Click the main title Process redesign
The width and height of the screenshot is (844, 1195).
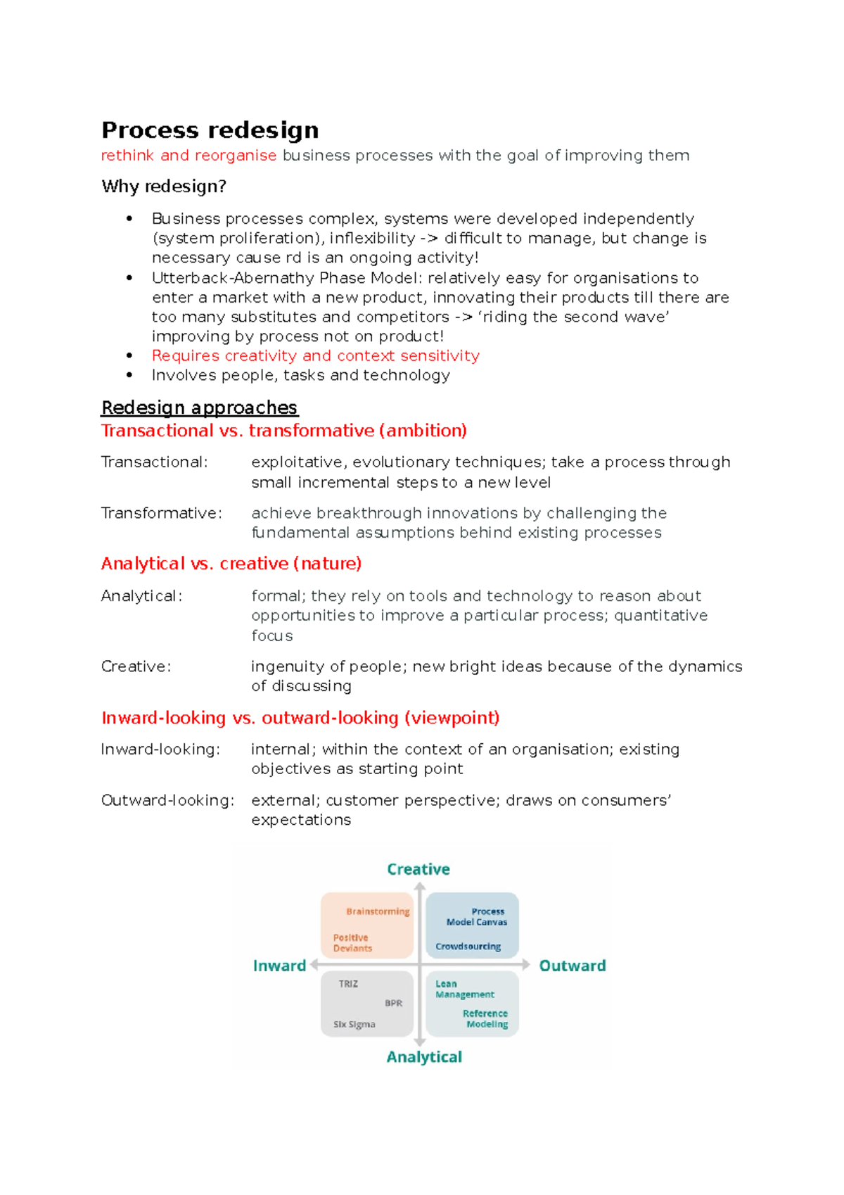[x=210, y=130]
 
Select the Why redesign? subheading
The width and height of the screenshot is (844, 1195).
[x=164, y=186]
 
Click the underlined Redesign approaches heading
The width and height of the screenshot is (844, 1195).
[x=199, y=407]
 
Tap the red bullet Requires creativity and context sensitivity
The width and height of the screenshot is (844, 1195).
[x=315, y=356]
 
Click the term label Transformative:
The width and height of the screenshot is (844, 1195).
[x=161, y=513]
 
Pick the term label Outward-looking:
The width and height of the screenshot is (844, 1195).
[x=167, y=800]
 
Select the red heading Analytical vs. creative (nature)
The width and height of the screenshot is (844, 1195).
[x=231, y=564]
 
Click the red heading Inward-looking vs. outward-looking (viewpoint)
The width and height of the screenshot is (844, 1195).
[x=300, y=718]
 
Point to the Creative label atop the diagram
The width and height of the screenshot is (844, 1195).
[x=418, y=869]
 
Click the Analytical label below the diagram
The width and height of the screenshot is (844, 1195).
[x=424, y=1057]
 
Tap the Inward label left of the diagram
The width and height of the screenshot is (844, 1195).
[x=279, y=966]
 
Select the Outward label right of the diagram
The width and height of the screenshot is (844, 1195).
[x=572, y=966]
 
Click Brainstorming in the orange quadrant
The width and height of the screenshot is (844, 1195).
[x=378, y=911]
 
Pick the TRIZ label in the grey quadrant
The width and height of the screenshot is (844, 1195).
[x=348, y=984]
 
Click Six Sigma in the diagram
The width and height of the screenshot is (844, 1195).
[x=354, y=1025]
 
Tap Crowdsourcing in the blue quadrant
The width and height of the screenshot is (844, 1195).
[x=468, y=947]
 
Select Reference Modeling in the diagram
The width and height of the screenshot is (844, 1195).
[x=485, y=1019]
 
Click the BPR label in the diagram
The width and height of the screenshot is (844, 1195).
[x=394, y=1003]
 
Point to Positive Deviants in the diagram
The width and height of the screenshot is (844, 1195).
[x=352, y=943]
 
